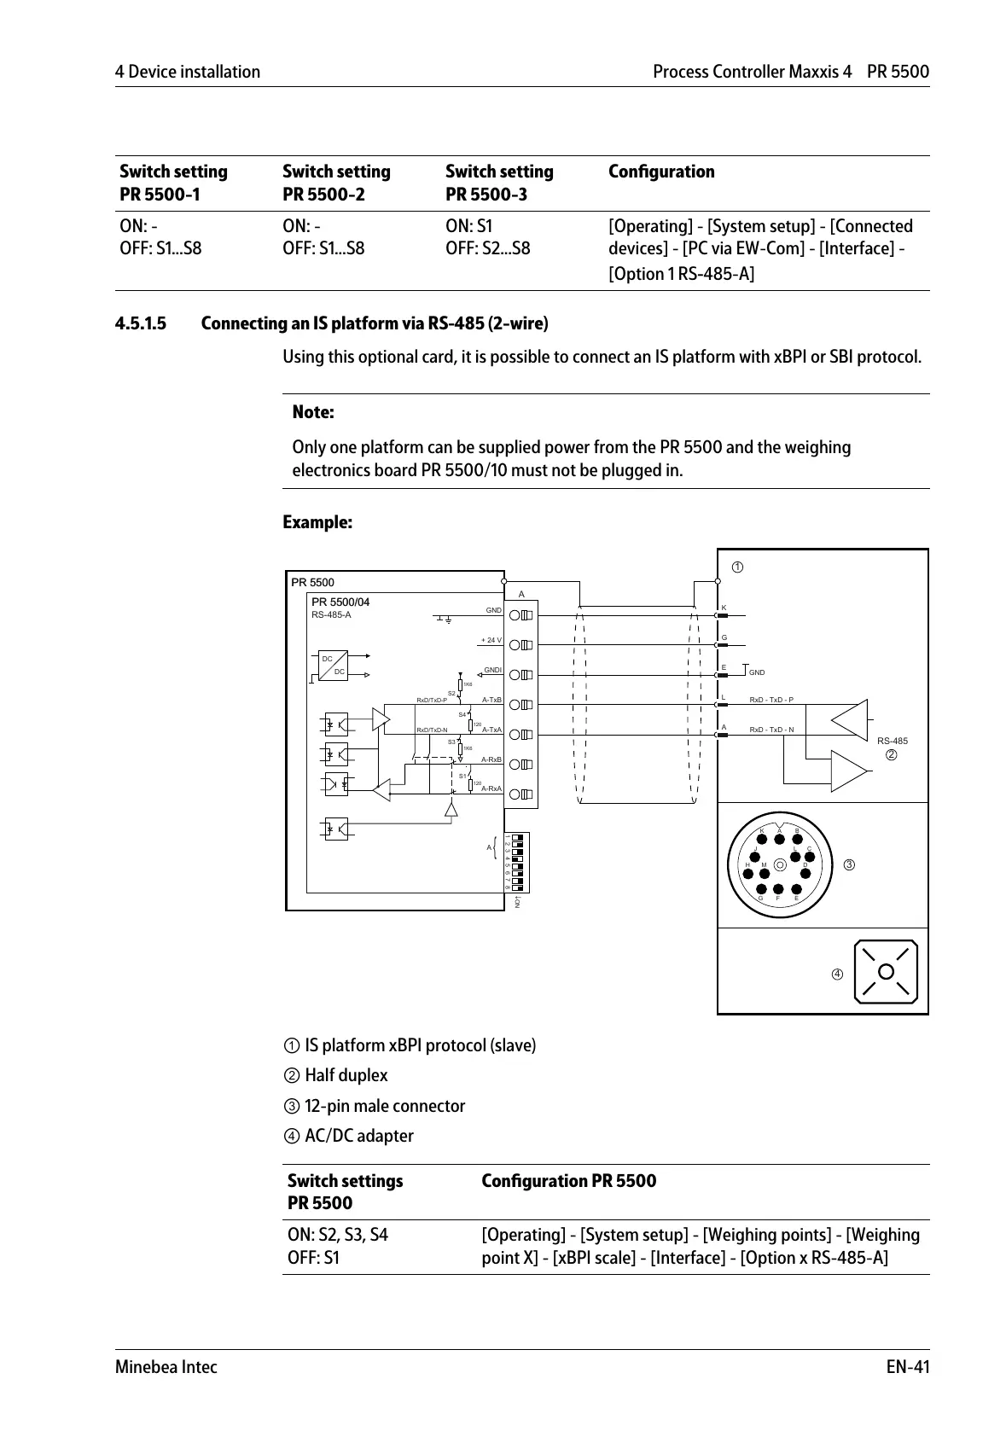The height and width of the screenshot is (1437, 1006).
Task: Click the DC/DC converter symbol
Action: pos(334,666)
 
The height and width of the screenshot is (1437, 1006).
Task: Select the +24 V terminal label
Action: pos(491,640)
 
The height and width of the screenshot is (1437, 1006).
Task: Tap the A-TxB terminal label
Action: pos(491,700)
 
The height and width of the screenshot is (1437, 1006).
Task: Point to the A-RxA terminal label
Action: pos(491,788)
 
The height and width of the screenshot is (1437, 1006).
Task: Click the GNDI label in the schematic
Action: pos(492,670)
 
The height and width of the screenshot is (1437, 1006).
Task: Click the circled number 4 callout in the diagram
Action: pos(837,974)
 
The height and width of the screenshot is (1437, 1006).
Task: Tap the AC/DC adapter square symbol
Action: pos(887,972)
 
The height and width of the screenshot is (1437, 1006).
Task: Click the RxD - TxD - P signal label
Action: pos(770,700)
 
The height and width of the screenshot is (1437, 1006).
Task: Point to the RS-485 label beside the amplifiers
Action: pos(892,741)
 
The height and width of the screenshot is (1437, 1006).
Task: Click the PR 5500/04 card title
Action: pos(340,602)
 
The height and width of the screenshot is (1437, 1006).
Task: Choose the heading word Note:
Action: pos(312,412)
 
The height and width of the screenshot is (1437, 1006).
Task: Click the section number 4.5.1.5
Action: pos(141,323)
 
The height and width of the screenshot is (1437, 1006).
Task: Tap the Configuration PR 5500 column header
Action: pos(568,1181)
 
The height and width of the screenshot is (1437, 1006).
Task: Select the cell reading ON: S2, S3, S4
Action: pos(337,1235)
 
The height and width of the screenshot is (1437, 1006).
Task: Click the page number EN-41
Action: pos(907,1367)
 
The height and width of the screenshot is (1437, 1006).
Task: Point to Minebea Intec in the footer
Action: pos(166,1367)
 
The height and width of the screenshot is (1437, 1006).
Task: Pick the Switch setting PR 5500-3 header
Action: pos(499,183)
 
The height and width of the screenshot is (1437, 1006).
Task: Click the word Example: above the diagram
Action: pos(317,522)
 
